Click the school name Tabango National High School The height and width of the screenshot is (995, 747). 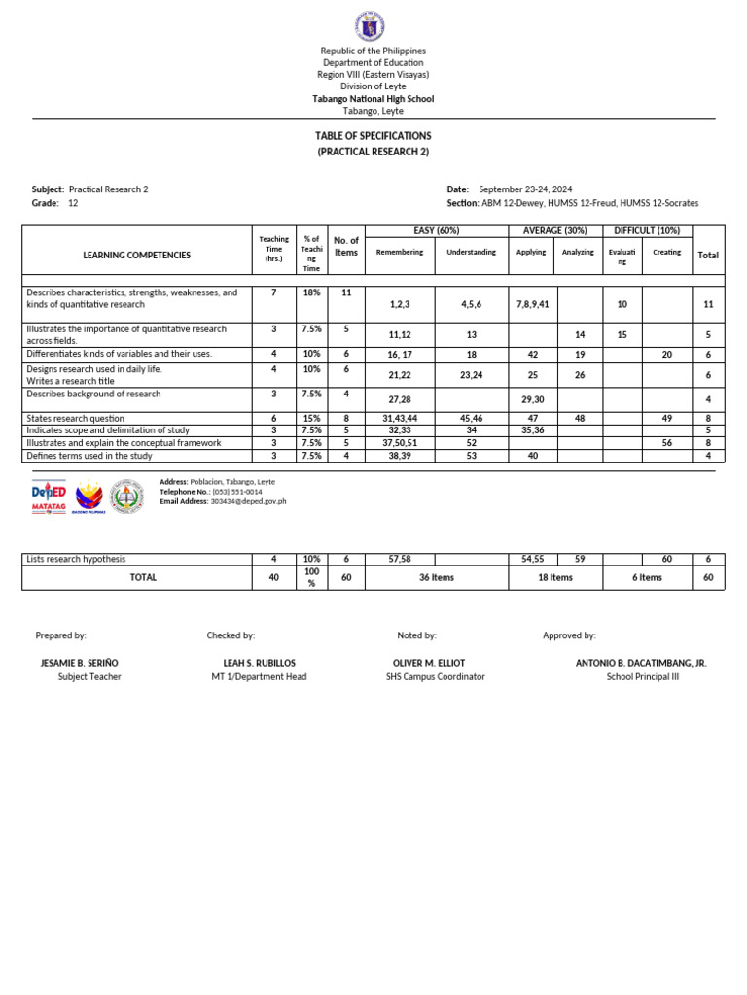(373, 99)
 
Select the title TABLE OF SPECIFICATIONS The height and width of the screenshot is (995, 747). (373, 136)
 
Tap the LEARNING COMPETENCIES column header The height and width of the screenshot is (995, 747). (137, 255)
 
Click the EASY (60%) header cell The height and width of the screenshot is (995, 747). (436, 230)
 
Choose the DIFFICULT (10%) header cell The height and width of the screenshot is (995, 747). (648, 230)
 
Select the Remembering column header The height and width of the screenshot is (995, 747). (400, 253)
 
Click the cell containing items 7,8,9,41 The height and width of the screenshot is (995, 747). (533, 304)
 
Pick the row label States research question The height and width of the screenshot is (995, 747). (76, 418)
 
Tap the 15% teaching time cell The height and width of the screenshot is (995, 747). (311, 418)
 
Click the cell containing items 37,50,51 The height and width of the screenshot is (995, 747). (400, 442)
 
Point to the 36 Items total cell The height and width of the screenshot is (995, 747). (437, 577)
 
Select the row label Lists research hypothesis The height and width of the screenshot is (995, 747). (77, 559)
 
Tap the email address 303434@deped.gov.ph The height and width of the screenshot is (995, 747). (244, 501)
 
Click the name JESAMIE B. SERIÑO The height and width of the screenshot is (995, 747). (79, 663)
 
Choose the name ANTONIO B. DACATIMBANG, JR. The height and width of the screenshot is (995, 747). (641, 663)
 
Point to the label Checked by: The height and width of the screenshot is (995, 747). (231, 635)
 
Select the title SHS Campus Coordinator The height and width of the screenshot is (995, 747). (435, 676)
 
